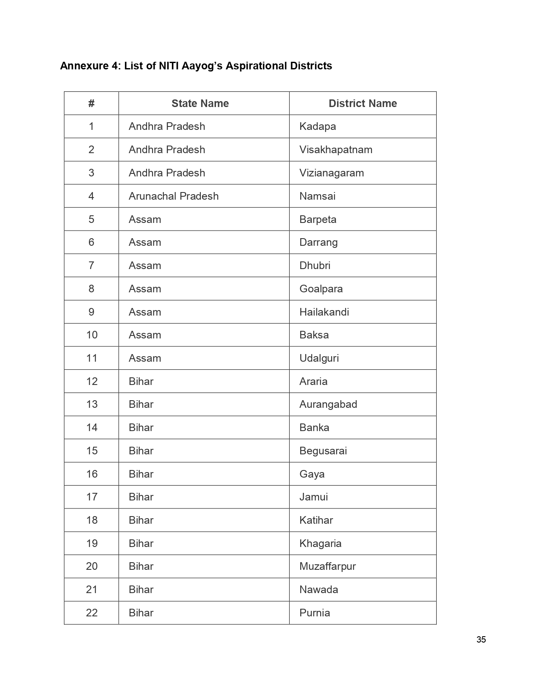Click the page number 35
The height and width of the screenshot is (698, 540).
coord(481,640)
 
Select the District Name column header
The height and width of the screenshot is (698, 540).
coord(363,104)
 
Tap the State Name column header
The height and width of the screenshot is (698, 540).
coord(200,104)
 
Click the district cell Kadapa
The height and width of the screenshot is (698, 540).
coord(318,126)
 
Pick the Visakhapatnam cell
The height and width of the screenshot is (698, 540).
coord(336,150)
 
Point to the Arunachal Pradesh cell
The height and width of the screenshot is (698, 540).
coord(174,196)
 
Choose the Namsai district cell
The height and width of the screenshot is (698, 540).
coord(317,196)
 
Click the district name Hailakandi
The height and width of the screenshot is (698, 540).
coord(324,312)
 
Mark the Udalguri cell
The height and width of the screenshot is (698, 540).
coord(319,358)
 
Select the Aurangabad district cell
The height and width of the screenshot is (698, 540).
coord(328,404)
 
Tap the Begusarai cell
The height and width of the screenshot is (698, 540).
coord(323,451)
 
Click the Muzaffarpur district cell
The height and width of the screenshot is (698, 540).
coord(327,566)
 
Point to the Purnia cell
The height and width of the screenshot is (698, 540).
coord(314,613)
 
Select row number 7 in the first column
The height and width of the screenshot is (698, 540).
coord(91,266)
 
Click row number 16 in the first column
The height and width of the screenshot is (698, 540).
coord(92,474)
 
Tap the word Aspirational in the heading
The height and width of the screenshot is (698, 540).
coord(257,66)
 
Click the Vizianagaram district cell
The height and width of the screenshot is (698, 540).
coord(332,173)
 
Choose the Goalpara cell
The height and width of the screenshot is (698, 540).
coord(321,289)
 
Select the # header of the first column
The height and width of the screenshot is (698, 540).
coord(91,104)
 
